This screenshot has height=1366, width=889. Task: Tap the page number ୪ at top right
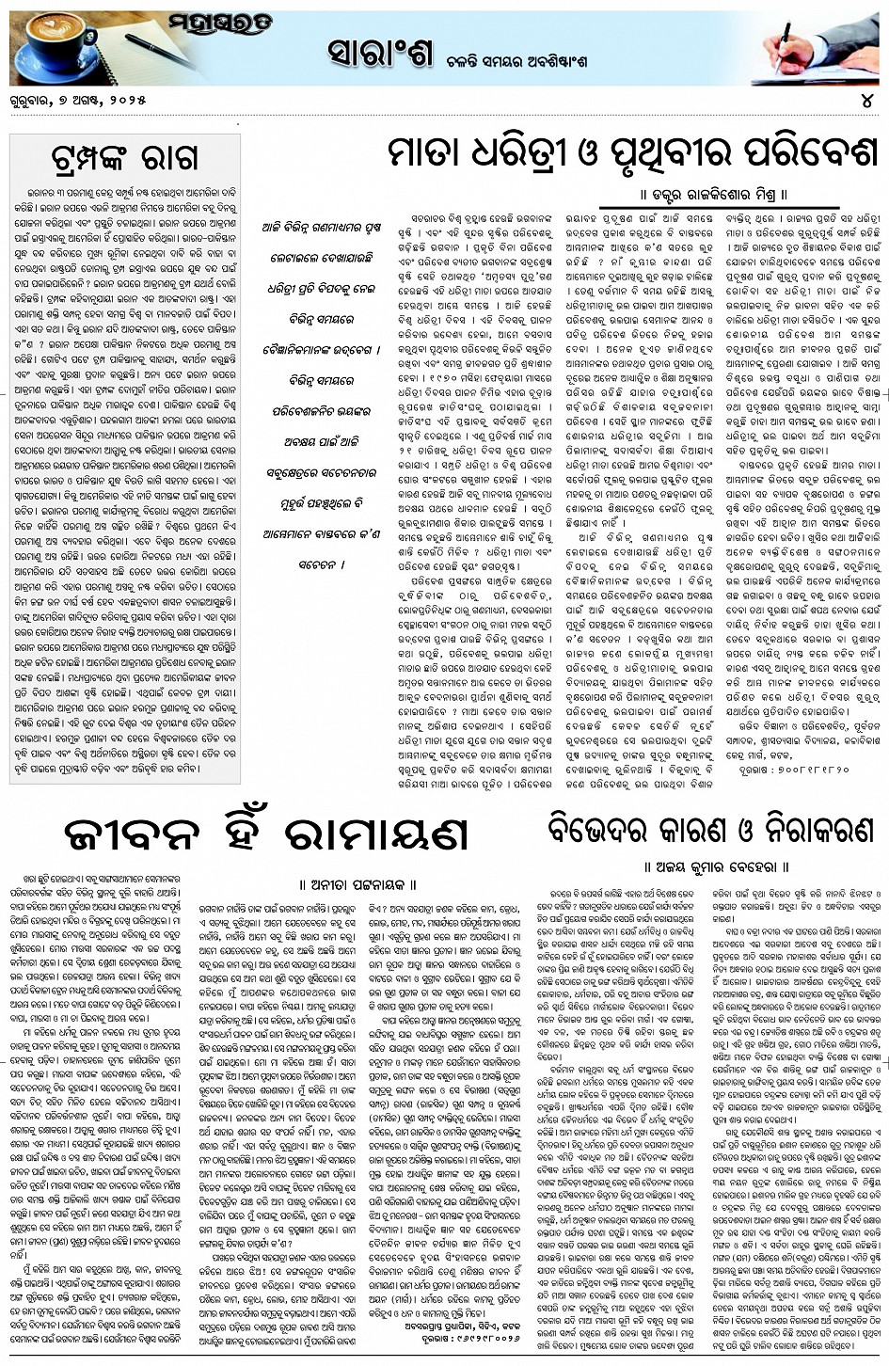tap(870, 100)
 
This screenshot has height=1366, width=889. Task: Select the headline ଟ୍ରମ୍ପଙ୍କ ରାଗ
tap(124, 158)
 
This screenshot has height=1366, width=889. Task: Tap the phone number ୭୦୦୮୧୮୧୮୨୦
tap(811, 770)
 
